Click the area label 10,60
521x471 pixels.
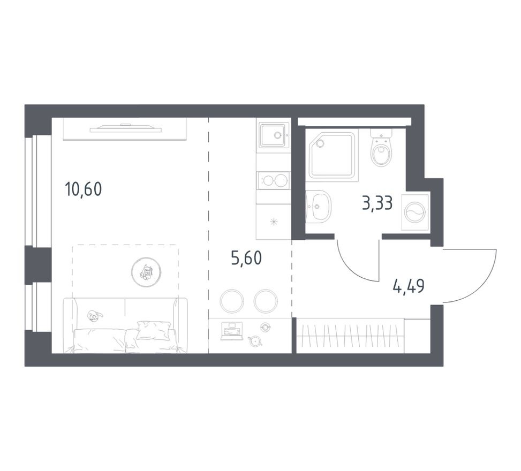pos(83,189)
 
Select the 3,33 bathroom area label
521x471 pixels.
pos(377,203)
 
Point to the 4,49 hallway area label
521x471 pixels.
pos(409,287)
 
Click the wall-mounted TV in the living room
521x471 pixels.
pos(125,128)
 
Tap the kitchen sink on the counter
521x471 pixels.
pos(274,135)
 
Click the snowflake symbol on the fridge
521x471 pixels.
pos(274,222)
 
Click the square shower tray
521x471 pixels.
pos(332,154)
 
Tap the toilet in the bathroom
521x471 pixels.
pos(381,150)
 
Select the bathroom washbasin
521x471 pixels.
pos(320,206)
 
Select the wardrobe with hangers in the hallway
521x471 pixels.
pos(351,336)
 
